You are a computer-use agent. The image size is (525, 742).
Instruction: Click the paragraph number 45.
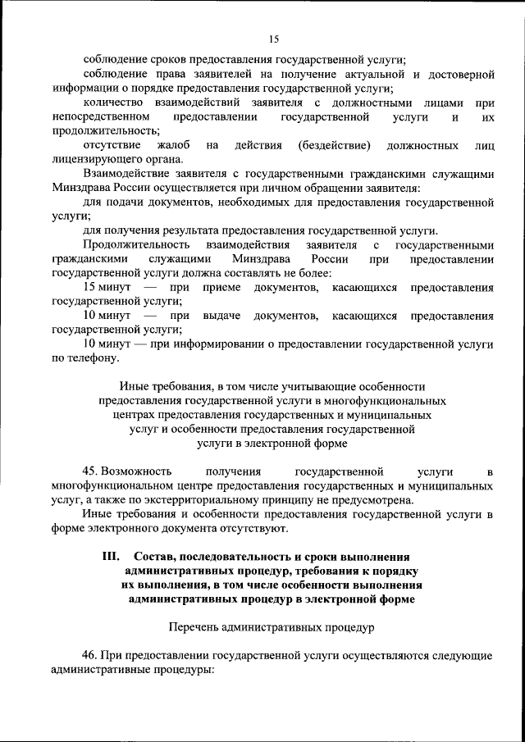point(91,472)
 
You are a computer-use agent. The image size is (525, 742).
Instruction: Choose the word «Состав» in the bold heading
point(154,557)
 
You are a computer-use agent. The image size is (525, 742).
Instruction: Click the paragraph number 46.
point(91,657)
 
